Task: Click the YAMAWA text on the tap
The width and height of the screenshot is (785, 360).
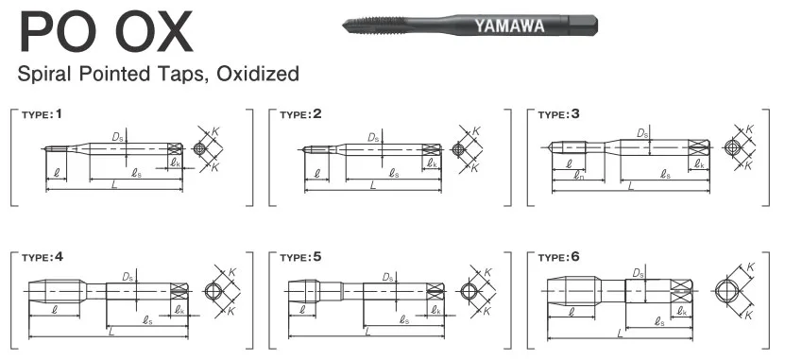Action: point(509,26)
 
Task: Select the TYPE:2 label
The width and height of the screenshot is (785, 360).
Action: point(301,114)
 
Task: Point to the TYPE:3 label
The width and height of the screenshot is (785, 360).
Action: point(559,114)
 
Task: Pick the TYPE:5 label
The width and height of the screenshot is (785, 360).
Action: point(301,256)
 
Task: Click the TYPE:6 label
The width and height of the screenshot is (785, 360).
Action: point(559,256)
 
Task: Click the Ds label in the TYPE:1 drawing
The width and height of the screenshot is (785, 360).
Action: point(117,137)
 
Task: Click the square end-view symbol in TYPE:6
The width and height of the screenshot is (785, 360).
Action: point(728,289)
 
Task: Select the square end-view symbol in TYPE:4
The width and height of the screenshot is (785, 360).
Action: point(214,290)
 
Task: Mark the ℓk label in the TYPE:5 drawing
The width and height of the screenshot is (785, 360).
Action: point(435,309)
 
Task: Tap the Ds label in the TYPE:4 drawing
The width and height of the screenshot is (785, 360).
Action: point(127,277)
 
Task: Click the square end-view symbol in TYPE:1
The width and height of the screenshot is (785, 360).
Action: point(200,149)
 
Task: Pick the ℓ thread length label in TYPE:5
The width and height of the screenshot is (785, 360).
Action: point(302,309)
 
